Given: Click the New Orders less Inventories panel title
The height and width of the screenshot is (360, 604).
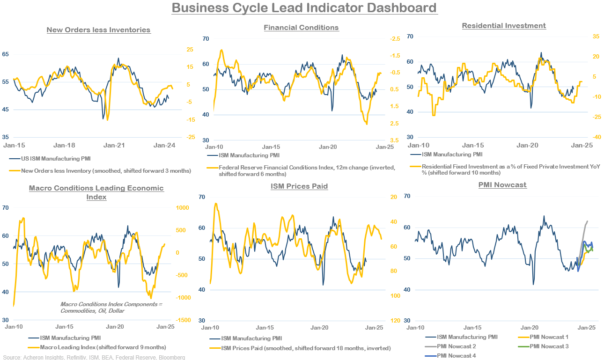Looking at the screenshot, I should click(x=98, y=30).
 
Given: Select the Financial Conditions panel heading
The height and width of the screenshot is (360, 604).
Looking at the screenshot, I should click(x=301, y=28).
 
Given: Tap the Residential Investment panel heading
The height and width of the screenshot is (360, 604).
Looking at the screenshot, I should click(x=504, y=26).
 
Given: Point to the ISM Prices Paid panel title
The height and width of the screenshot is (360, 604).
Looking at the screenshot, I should click(x=299, y=186).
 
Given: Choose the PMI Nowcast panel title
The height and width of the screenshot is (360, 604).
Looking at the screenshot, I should click(x=502, y=185).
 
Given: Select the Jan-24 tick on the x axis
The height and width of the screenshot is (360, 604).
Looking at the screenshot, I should click(x=164, y=145).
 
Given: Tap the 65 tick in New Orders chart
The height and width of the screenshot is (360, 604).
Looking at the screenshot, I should click(x=6, y=54).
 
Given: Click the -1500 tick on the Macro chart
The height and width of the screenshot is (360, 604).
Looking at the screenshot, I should click(x=180, y=320).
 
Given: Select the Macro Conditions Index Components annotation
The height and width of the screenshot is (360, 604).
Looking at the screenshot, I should click(x=110, y=308).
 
